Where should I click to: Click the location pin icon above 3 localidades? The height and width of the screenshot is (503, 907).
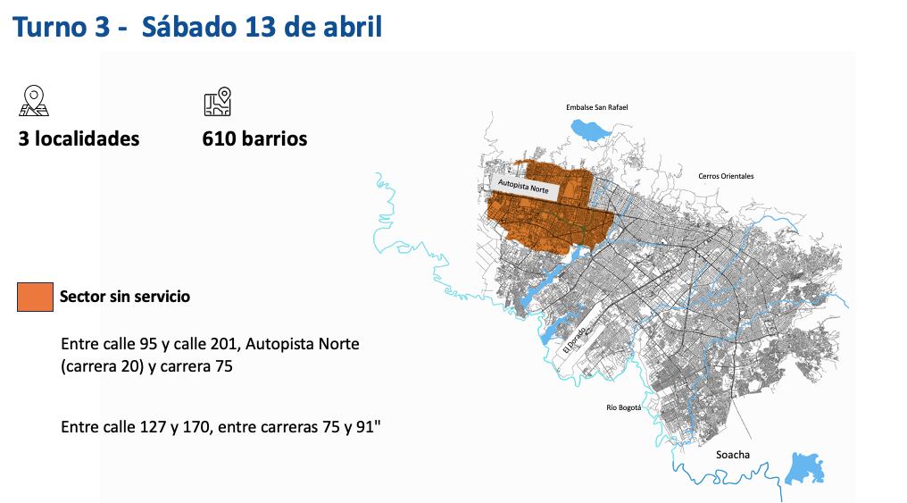pos(34,101)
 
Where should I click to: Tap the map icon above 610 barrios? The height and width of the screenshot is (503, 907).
pos(217,102)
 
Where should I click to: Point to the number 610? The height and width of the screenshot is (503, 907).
pos(220,139)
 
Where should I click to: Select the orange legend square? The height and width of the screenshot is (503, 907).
pos(35,297)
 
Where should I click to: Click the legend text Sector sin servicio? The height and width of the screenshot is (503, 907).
pos(125,297)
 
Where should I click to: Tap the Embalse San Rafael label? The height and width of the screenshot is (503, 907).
pos(597,107)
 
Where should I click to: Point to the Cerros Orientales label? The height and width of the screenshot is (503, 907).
pos(726,176)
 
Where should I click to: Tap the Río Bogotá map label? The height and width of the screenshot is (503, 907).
pos(624,407)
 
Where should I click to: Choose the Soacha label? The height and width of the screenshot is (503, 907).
pos(733,455)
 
